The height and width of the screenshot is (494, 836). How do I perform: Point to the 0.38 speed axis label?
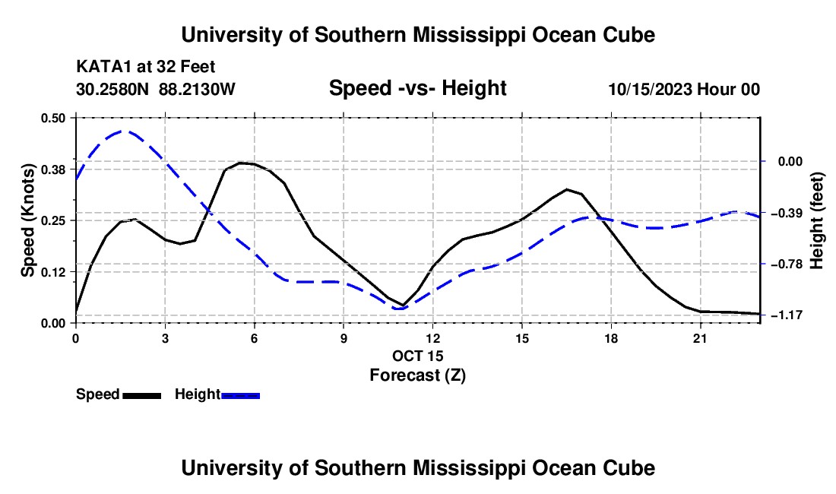click(52, 169)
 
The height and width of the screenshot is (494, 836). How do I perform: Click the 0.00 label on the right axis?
click(790, 161)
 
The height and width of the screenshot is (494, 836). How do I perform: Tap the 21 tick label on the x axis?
click(700, 338)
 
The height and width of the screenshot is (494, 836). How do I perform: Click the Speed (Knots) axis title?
click(27, 220)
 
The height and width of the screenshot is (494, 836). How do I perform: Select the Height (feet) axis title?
click(817, 220)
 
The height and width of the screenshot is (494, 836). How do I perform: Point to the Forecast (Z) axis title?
click(418, 375)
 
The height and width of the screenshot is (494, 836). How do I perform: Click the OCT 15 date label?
click(418, 356)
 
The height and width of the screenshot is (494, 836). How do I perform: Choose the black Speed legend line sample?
click(142, 395)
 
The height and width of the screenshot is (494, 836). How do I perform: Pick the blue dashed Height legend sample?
click(240, 395)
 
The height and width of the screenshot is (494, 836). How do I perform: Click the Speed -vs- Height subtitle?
click(418, 88)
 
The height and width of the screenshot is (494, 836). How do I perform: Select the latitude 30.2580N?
click(112, 89)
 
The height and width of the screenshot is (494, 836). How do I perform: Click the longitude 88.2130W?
click(197, 89)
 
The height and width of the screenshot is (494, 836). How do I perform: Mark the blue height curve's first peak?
click(122, 131)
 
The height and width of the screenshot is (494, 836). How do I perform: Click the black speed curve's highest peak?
click(241, 163)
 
